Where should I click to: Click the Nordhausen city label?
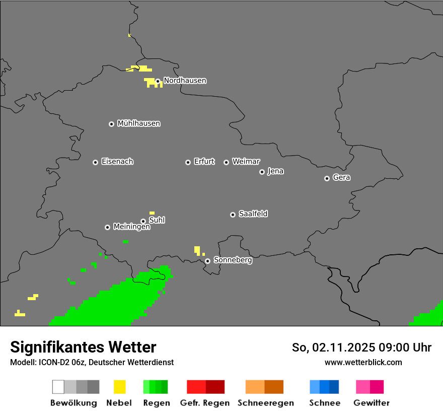[185, 81]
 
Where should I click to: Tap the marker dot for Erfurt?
[188, 162]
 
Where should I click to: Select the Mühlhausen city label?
[138, 123]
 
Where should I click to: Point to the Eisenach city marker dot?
[95, 162]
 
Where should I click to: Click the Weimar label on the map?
[246, 162]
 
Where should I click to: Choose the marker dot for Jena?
[262, 172]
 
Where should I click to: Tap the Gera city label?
[341, 178]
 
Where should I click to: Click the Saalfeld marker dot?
[233, 215]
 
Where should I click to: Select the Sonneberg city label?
[233, 260]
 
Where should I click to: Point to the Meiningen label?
[131, 227]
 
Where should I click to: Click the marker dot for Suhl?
[143, 221]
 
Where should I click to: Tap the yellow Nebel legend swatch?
[119, 387]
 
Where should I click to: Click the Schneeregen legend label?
[266, 403]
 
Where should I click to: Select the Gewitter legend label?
[372, 403]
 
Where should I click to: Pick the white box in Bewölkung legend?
[58, 387]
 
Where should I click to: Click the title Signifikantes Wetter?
[83, 347]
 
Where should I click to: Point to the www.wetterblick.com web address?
[363, 362]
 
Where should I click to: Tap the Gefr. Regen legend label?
[205, 403]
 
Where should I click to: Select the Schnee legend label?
[325, 403]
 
